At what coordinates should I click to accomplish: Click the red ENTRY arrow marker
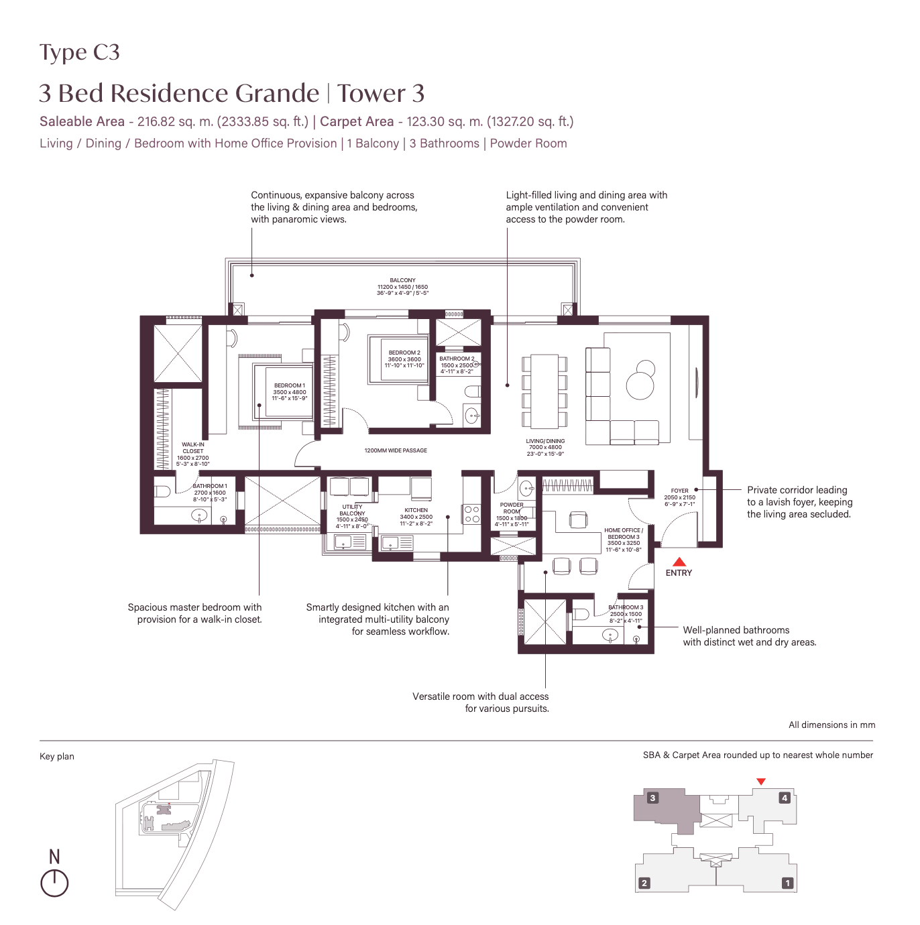(x=679, y=562)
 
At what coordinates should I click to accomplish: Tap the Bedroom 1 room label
(x=290, y=392)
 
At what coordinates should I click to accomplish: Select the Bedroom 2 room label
(x=404, y=359)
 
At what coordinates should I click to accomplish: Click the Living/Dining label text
(x=545, y=447)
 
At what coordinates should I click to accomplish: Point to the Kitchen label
(x=416, y=516)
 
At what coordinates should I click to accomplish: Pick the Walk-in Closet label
(x=193, y=454)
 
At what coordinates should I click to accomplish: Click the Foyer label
(x=679, y=497)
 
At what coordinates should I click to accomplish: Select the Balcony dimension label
(x=402, y=286)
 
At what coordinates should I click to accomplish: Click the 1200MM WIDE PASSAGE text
(x=396, y=450)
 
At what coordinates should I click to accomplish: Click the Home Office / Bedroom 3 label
(x=624, y=540)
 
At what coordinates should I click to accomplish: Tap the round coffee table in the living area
(x=640, y=385)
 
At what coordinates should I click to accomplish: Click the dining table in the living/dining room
(x=544, y=391)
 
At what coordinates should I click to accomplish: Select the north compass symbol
(x=54, y=882)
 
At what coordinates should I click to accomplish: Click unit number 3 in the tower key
(x=652, y=798)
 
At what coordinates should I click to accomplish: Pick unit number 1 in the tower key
(x=788, y=883)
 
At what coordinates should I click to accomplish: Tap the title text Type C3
(x=79, y=52)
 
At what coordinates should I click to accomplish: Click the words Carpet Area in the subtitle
(x=357, y=121)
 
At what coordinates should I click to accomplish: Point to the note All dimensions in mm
(x=831, y=725)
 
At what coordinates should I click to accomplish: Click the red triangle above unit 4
(x=760, y=782)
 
